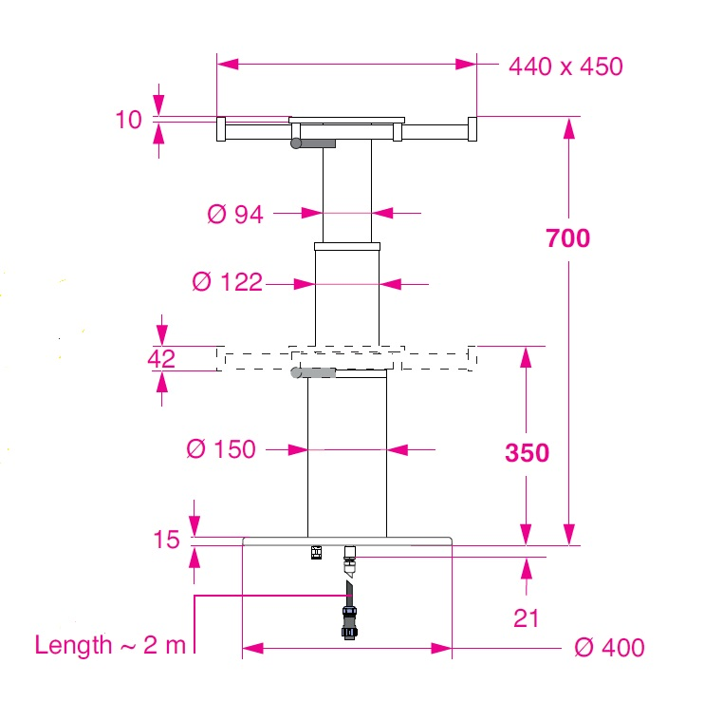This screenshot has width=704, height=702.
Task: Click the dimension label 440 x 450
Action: click(565, 66)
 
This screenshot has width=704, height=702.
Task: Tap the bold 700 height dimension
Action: click(567, 237)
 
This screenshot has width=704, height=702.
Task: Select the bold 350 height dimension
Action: click(527, 452)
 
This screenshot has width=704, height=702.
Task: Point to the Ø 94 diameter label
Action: click(235, 214)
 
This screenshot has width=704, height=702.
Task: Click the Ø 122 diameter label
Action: click(227, 282)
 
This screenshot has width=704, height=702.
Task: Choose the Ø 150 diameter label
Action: click(220, 448)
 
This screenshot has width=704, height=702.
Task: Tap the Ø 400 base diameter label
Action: click(609, 648)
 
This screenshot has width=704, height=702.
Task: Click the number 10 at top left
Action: click(128, 120)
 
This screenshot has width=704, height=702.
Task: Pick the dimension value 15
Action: click(166, 540)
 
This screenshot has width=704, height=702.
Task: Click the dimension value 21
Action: click(526, 618)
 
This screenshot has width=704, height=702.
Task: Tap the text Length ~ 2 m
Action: click(111, 645)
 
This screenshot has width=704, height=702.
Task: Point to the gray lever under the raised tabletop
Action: click(314, 143)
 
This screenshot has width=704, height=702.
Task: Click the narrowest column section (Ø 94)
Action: click(346, 195)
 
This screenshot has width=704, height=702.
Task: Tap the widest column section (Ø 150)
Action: click(346, 456)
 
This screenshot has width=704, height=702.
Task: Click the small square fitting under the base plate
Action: click(317, 553)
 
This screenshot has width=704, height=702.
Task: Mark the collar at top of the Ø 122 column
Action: click(347, 247)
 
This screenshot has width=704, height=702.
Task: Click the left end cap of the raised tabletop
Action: click(221, 129)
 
